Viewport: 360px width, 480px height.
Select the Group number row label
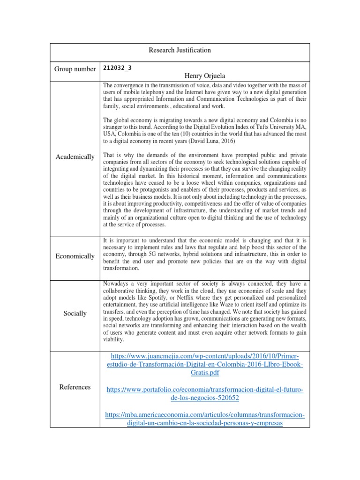tap(75, 69)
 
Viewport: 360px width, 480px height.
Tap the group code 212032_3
tap(117, 67)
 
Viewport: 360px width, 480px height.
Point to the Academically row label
tap(75, 157)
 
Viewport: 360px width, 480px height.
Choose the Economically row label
tap(75, 256)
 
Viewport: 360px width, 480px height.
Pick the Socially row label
tap(75, 313)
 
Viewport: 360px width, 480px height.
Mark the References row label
tap(75, 387)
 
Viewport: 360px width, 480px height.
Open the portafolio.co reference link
tap(205, 394)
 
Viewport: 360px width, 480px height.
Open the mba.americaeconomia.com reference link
tap(205, 419)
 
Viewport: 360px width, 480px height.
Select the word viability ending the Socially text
tap(113, 339)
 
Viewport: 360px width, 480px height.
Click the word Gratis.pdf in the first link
tap(205, 373)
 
